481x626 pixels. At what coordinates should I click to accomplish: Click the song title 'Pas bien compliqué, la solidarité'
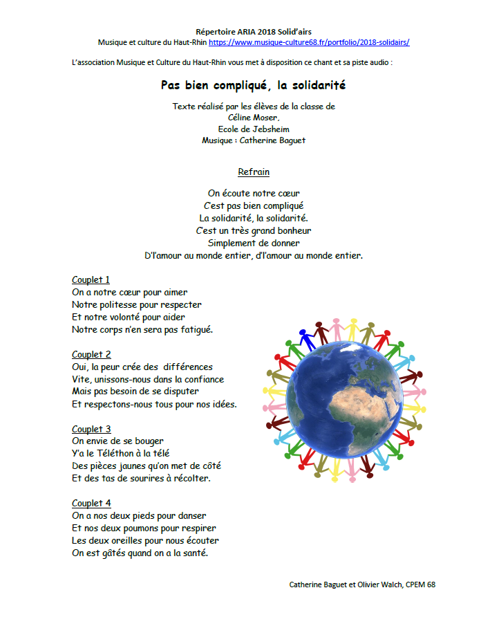coord(253,86)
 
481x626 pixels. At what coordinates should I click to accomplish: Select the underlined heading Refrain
coord(254,172)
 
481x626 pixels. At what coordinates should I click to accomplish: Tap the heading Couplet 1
coord(91,280)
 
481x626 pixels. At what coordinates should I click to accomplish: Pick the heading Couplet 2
coord(91,355)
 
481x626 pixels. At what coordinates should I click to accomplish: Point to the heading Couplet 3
coord(91,430)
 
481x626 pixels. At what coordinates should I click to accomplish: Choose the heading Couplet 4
coord(91,504)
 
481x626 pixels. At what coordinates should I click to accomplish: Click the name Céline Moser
coord(253,118)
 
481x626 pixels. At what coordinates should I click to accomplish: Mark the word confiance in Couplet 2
coord(202,380)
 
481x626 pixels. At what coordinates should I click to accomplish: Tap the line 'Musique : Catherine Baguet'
coord(253,140)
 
